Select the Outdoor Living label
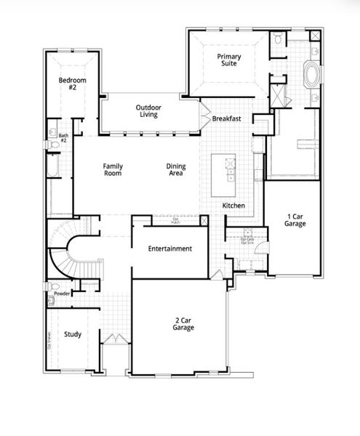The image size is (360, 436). click(148, 111)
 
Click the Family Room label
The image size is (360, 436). click(113, 169)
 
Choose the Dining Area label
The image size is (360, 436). click(176, 170)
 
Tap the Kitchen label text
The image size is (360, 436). click(233, 207)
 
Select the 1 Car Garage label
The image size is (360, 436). click(295, 220)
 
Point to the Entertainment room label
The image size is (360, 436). click(169, 249)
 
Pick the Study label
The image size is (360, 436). click(72, 334)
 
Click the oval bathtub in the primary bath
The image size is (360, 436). click(311, 75)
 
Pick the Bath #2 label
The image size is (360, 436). click(63, 136)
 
